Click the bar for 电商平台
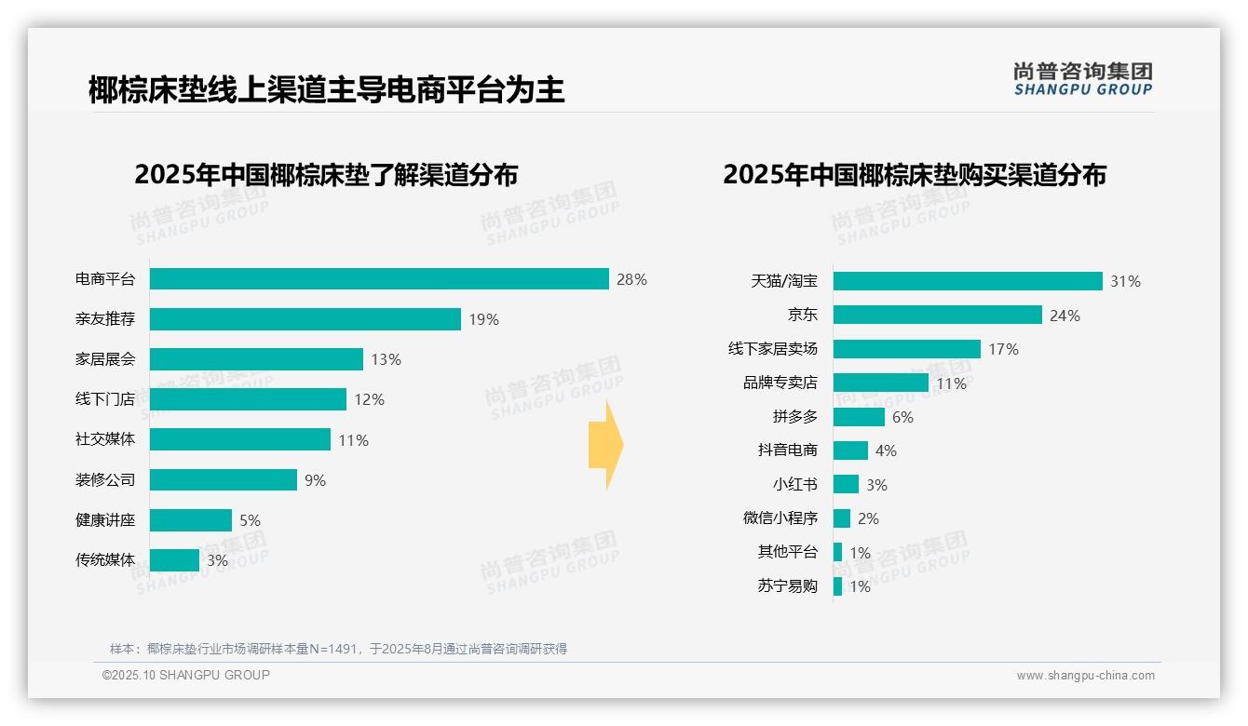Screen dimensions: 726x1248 [x=379, y=279]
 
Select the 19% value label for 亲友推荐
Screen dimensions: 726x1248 [x=483, y=319]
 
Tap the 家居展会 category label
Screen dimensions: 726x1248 [x=105, y=359]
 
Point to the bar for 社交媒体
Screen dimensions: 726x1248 [x=240, y=439]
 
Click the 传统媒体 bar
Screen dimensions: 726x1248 [x=174, y=560]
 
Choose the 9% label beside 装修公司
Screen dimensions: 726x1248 [x=315, y=480]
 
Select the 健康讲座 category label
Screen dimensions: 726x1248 [x=105, y=520]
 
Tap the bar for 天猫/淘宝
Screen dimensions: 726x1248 [x=968, y=281]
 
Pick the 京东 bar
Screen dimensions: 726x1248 [x=937, y=315]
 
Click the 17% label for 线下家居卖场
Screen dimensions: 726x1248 [x=1003, y=349]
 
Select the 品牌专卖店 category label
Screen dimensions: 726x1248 [x=780, y=383]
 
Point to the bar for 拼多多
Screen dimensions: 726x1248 [x=859, y=417]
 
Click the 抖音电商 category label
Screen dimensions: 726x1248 [x=787, y=450]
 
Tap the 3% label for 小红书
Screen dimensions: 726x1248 [x=876, y=485]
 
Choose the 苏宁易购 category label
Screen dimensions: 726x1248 [x=787, y=586]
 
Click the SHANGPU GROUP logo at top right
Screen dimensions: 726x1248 [x=1082, y=79]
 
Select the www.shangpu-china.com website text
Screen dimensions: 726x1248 [x=1085, y=676]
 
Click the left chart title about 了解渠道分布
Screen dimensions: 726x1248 [x=325, y=175]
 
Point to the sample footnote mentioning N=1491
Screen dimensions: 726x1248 [x=338, y=649]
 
